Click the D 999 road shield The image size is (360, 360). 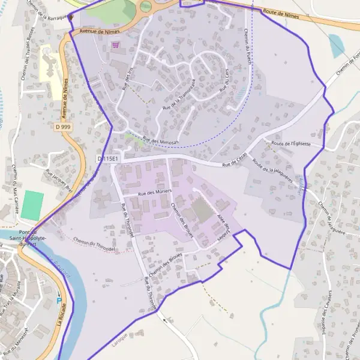point(62,127)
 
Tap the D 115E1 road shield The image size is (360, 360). point(109,158)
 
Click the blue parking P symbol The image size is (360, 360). point(59,301)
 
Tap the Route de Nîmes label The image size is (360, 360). point(280,13)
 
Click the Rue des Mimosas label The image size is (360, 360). point(161,141)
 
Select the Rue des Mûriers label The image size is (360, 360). point(155,193)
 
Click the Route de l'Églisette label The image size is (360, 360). point(291,143)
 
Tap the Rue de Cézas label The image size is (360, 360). point(235,163)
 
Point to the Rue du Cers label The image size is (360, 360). point(224,82)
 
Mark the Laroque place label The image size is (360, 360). point(120,342)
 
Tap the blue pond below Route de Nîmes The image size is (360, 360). point(335,45)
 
